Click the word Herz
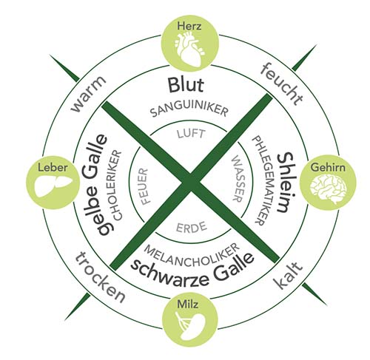[x=189, y=26]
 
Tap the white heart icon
[x=189, y=50]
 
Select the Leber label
[x=53, y=168]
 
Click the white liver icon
[x=53, y=186]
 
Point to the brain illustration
[x=329, y=189]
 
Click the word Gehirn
[x=328, y=168]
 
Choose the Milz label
[x=188, y=305]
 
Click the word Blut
[x=186, y=85]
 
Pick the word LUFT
[x=191, y=134]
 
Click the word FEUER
[x=142, y=186]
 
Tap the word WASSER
[x=238, y=179]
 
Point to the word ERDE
[x=192, y=227]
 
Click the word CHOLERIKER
[x=115, y=186]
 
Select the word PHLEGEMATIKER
[x=260, y=180]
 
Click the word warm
[x=89, y=95]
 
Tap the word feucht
[x=281, y=84]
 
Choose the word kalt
[x=289, y=276]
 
